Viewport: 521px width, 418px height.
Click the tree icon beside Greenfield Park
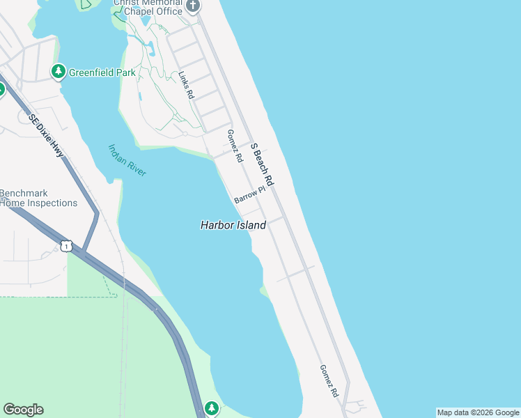58,71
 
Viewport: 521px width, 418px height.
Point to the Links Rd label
186,85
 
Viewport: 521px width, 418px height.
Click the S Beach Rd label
262,164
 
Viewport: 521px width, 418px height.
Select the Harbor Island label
233,225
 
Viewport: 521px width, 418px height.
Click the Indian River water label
127,160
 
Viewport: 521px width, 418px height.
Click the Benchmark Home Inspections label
38,198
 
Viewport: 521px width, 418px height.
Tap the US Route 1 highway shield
65,246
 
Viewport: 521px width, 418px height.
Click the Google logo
23,410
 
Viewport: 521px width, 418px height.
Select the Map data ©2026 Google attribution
478,412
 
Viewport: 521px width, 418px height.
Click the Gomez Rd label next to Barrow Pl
235,146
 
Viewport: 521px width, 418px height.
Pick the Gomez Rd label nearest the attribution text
329,381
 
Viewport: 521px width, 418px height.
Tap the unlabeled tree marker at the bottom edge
212,408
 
